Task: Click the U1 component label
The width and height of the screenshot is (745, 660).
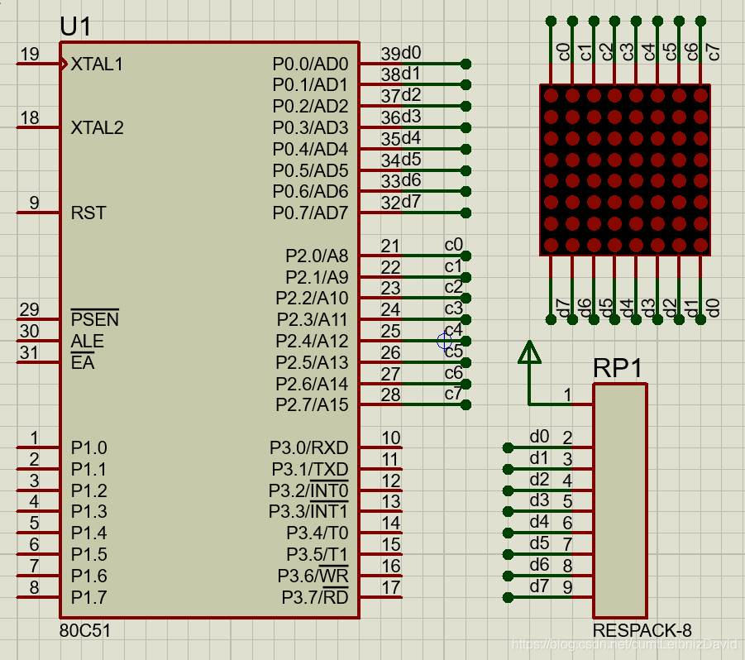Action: [x=76, y=26]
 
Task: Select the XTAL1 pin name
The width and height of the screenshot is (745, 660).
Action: [x=97, y=64]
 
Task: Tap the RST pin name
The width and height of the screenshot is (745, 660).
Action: [x=88, y=213]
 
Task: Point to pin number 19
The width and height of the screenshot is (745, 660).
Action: [x=30, y=55]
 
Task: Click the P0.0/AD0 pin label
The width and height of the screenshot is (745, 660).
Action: [x=310, y=64]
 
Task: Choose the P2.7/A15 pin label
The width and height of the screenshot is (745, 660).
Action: [x=312, y=405]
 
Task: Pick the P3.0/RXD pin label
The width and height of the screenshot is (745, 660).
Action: [x=308, y=447]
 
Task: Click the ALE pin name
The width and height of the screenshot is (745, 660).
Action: [x=87, y=341]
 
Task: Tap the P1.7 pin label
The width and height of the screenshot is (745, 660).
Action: [x=88, y=597]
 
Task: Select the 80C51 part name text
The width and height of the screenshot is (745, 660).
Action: [x=85, y=630]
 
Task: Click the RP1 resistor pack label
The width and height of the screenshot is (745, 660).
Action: [x=618, y=369]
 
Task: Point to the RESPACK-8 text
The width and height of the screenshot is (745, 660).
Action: [x=642, y=630]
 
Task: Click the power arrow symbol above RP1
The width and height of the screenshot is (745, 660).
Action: [x=528, y=352]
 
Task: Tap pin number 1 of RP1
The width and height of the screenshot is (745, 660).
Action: [x=568, y=395]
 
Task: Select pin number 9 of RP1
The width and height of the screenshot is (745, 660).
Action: [x=568, y=587]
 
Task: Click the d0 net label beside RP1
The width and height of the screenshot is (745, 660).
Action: [x=539, y=437]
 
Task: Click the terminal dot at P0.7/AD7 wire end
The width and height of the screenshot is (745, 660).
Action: [x=466, y=213]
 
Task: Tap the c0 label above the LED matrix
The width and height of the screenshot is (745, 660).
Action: [x=564, y=52]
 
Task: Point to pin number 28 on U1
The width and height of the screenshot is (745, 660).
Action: [x=390, y=395]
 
